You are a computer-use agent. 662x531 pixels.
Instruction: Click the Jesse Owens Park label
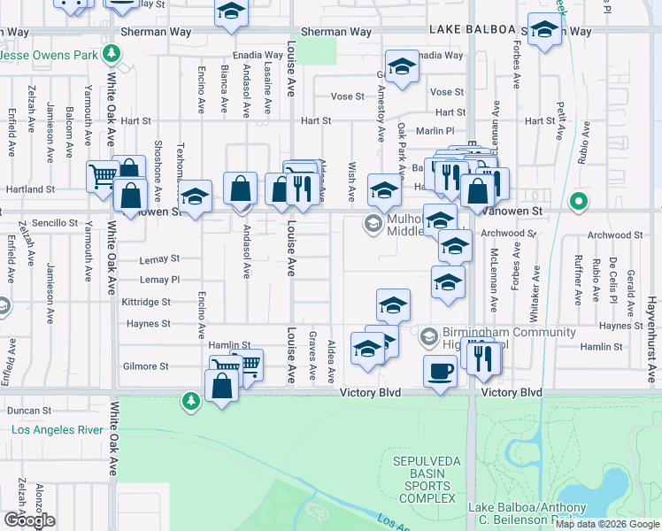coord(49,55)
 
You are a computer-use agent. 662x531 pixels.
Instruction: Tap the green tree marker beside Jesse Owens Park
coord(112,55)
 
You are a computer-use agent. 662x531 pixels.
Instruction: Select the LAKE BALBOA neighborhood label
coord(472,29)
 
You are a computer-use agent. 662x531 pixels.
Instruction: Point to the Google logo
coord(29,520)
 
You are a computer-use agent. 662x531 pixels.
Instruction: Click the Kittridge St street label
coord(146,302)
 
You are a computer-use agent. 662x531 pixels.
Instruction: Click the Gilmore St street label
coord(146,366)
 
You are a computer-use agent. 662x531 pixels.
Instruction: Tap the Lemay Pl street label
coord(159,280)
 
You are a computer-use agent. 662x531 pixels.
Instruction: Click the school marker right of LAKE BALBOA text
coord(544,29)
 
